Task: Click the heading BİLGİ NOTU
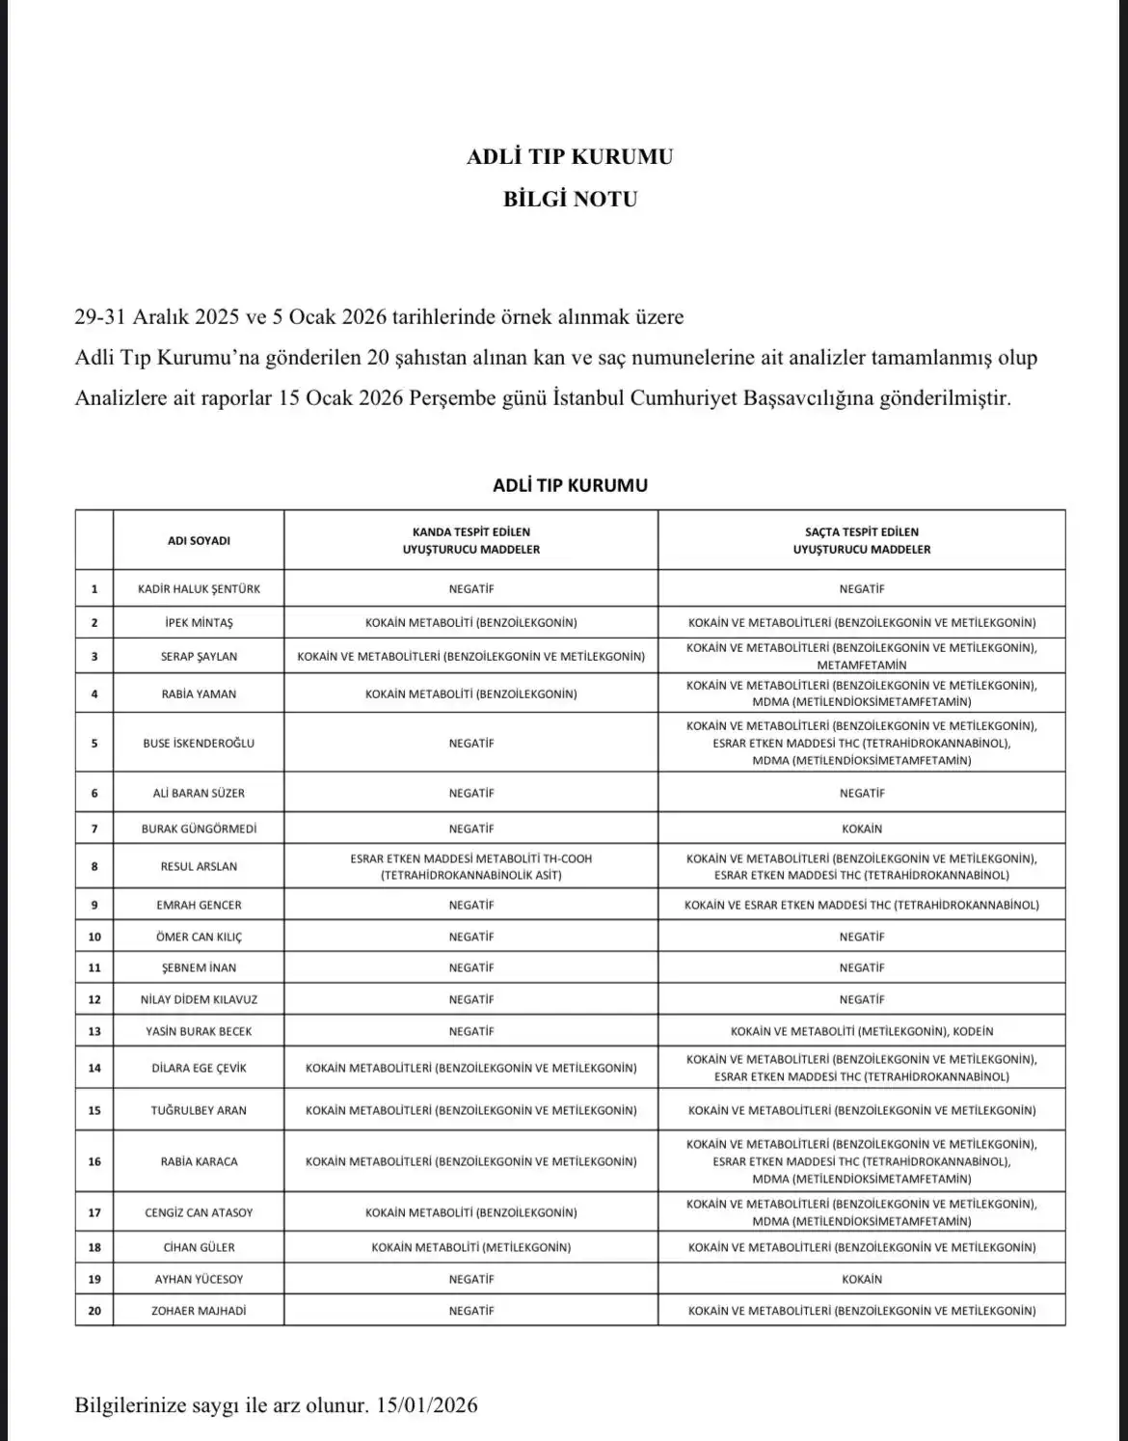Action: pos(570,200)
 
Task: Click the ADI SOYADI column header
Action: pos(199,541)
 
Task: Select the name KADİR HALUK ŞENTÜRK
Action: pos(199,588)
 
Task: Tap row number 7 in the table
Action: pos(94,829)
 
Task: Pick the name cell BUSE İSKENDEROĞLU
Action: pos(199,744)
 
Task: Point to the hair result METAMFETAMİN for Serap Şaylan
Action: pos(862,665)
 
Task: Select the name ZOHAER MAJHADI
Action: pos(199,1311)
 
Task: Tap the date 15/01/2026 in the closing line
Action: pos(428,1405)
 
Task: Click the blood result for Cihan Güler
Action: pos(471,1247)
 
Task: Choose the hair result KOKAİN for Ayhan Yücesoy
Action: pos(862,1279)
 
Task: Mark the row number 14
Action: pos(94,1068)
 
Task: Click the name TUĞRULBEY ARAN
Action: pos(199,1110)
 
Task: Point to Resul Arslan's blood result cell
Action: pos(471,866)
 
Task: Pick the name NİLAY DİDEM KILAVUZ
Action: pos(199,999)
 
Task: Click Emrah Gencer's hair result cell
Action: pos(862,905)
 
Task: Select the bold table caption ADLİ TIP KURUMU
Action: pos(570,485)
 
